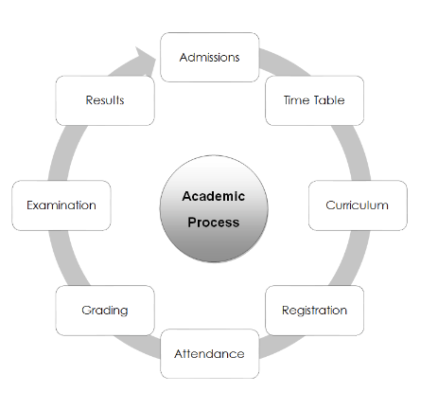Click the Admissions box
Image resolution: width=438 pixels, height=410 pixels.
point(210,57)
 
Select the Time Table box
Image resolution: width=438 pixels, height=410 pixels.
point(314,100)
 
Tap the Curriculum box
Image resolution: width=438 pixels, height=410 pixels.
point(358,205)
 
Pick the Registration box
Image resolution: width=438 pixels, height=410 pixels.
point(314,311)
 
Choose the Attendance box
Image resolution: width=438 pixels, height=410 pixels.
point(210,353)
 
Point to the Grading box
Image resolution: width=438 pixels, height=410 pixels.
point(105,311)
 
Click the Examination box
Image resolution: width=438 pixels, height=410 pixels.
point(61,205)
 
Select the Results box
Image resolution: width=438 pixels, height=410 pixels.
point(105,100)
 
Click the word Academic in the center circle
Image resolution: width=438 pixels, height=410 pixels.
point(214,196)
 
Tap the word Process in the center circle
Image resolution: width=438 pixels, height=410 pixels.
point(214,223)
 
